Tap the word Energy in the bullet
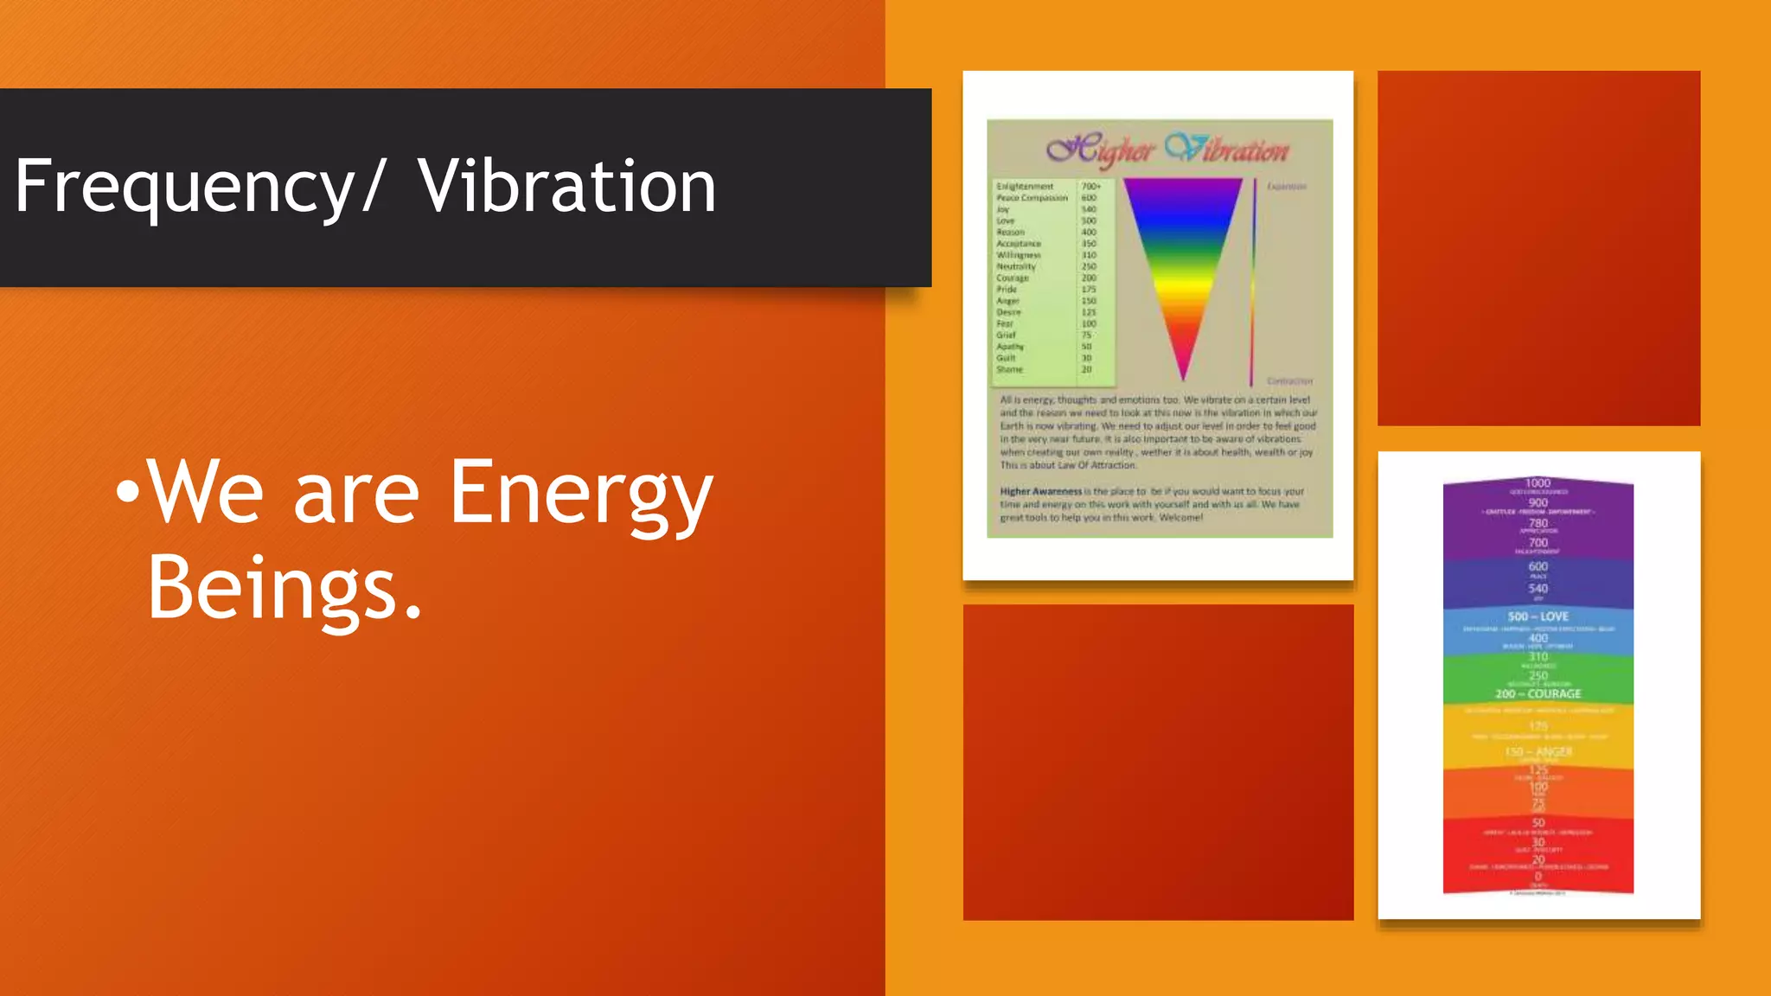pyautogui.click(x=581, y=493)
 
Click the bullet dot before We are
pyautogui.click(x=127, y=491)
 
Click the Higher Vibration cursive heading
pyautogui.click(x=1167, y=150)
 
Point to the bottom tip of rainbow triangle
pyautogui.click(x=1183, y=377)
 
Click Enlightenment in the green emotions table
pyautogui.click(x=1025, y=186)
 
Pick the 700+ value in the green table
pyautogui.click(x=1090, y=186)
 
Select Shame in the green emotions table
pyautogui.click(x=1009, y=369)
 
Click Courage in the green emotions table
pyautogui.click(x=1013, y=278)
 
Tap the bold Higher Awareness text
pyautogui.click(x=1040, y=491)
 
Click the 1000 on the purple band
pyautogui.click(x=1538, y=483)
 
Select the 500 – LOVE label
pyautogui.click(x=1538, y=616)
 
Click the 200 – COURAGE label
pyautogui.click(x=1538, y=693)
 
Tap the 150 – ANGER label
pyautogui.click(x=1538, y=751)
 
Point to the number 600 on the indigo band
pyautogui.click(x=1538, y=566)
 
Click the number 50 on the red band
pyautogui.click(x=1538, y=822)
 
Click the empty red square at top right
pyautogui.click(x=1538, y=248)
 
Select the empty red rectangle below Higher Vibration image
pyautogui.click(x=1158, y=762)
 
